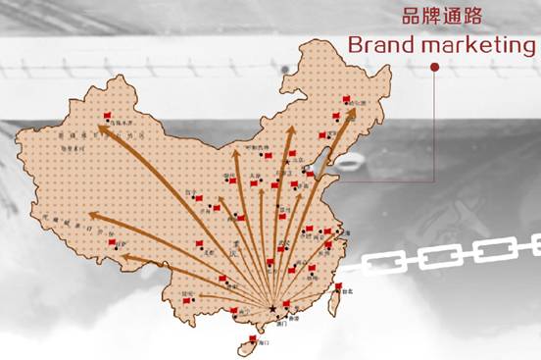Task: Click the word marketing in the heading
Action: coord(468,45)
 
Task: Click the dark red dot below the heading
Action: coord(434,68)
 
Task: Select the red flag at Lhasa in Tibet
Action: coord(111,242)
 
